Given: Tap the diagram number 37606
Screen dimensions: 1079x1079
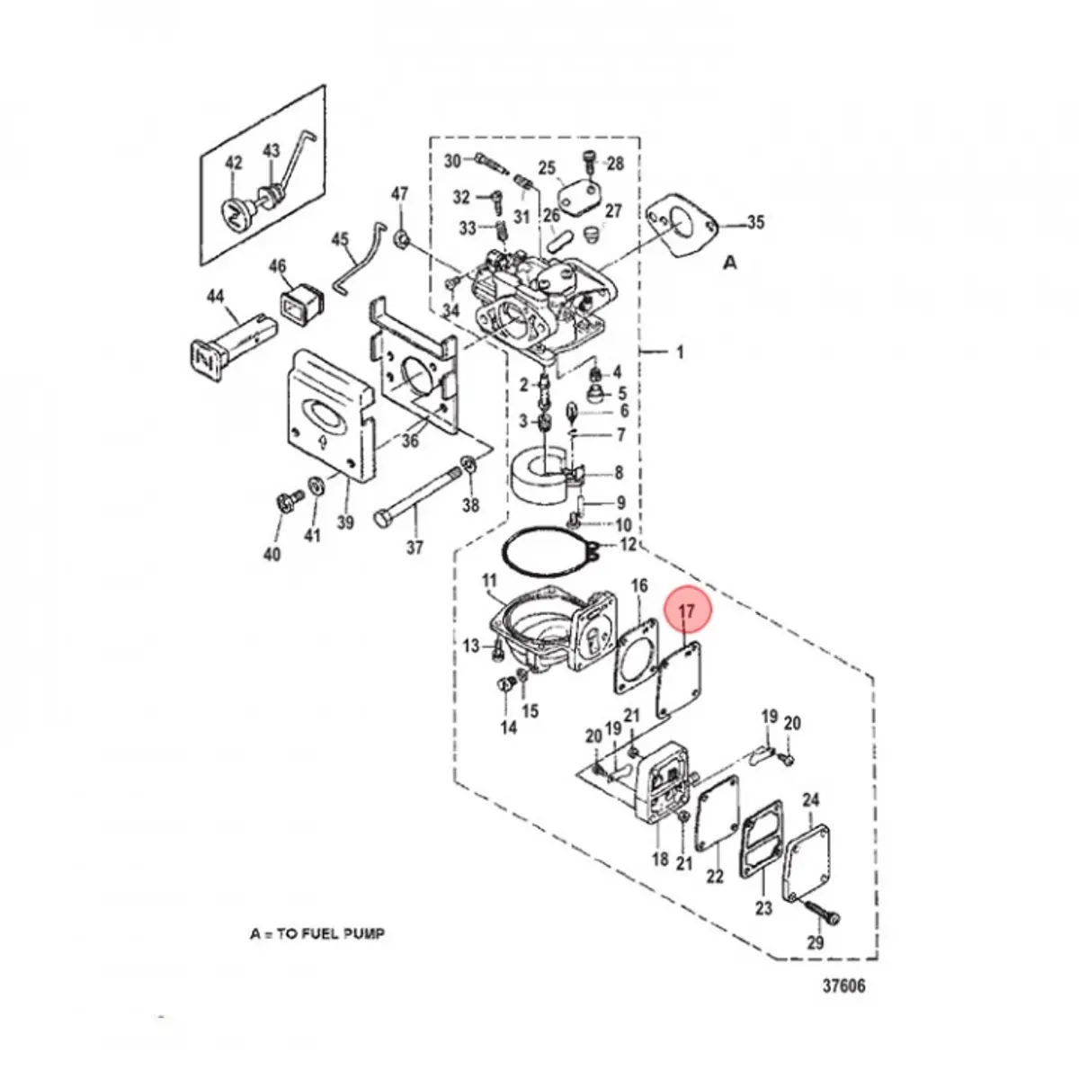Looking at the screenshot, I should [x=843, y=986].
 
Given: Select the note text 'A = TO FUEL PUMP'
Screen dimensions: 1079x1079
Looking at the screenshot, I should [x=317, y=934].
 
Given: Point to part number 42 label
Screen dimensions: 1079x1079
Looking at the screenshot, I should [x=233, y=163].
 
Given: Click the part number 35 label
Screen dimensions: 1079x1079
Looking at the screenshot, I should [x=755, y=222].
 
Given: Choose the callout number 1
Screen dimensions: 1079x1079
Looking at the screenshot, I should [x=680, y=352].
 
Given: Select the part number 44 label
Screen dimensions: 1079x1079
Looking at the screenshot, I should [x=215, y=296].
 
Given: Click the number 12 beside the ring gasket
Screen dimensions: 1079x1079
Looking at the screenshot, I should [x=628, y=545].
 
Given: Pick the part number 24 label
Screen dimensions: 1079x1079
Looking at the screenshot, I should [x=810, y=799].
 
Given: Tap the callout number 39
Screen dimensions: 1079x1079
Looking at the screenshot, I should [x=346, y=522].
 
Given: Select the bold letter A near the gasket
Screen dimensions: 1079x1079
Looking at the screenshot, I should [x=730, y=263].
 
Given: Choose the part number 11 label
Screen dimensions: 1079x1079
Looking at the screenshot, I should [x=489, y=580].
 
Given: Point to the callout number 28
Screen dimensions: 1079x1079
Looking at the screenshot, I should [x=615, y=164].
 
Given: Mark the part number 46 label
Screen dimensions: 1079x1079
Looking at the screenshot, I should [x=278, y=266].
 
